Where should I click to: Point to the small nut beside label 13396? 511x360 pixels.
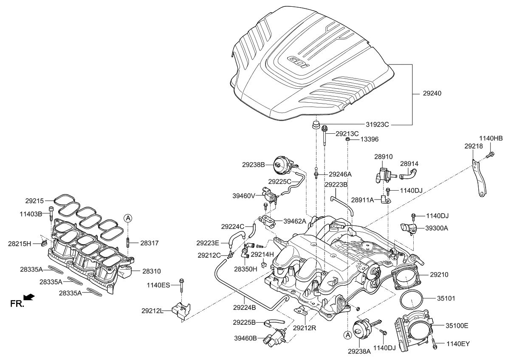pos(347,139)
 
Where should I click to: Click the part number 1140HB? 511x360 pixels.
pos(491,138)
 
